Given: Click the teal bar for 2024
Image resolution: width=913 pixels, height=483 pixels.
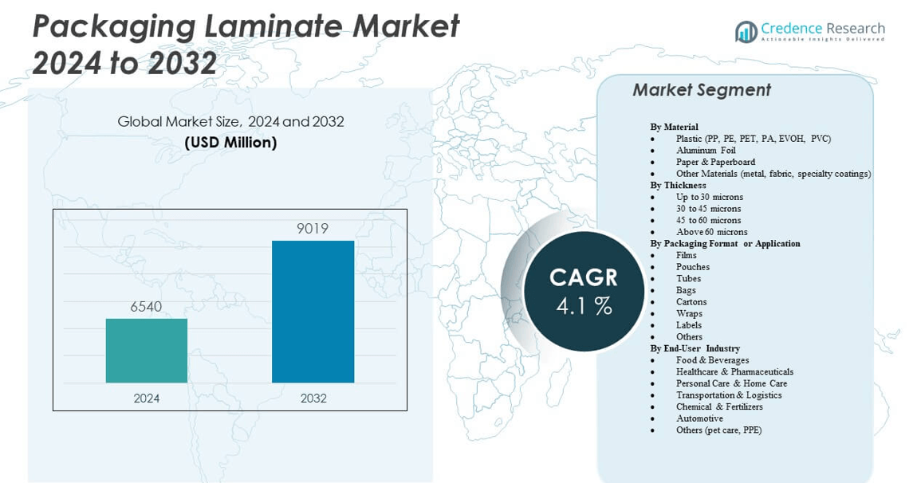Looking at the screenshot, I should coord(147,351).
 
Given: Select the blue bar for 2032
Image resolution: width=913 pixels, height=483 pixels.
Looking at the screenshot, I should coord(313,312).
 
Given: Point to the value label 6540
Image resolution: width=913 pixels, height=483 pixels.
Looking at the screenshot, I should coord(147,306).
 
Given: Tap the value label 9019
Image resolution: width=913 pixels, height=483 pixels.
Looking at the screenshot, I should coord(313,229).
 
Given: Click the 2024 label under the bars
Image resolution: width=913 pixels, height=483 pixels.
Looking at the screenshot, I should coord(147,398).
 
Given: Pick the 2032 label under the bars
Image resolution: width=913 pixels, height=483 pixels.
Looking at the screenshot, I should coord(313,398).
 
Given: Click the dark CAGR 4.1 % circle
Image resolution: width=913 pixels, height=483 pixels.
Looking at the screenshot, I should coord(584,290).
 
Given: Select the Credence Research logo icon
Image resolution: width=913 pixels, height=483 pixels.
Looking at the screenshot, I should coord(746,32).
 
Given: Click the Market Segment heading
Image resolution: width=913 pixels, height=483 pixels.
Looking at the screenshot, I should coord(702,90).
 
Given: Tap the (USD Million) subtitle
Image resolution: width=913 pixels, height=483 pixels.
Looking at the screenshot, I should coord(230,143).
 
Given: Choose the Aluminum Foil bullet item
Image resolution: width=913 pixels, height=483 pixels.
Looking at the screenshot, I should coord(706,150).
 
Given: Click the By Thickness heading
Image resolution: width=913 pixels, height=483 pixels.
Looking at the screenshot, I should coord(678,185).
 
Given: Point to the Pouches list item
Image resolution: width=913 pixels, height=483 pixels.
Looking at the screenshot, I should coord(693,267).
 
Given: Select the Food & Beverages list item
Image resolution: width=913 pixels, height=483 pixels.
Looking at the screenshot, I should coord(712,360).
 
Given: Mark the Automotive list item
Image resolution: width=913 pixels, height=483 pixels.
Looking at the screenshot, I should coord(699,418).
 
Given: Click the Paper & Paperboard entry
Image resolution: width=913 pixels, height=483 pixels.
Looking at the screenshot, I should coord(715,162).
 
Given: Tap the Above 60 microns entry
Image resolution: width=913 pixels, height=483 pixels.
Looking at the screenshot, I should coord(711,232).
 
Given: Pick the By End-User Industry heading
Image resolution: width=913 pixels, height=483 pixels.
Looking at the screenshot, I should coord(695,348).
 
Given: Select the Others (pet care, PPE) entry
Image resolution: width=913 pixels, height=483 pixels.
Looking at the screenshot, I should coord(718,430).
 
